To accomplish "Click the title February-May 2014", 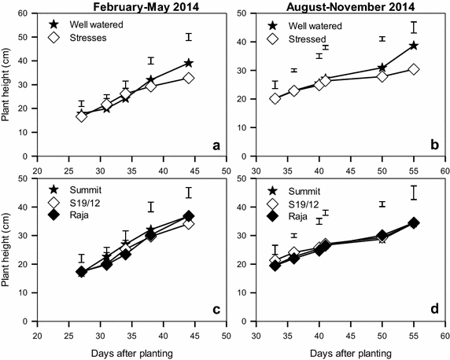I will pos(130,6).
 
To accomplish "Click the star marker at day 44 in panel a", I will pos(188,63).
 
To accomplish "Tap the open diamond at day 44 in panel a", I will pos(188,78).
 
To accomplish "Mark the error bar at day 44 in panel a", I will pos(188,37).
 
